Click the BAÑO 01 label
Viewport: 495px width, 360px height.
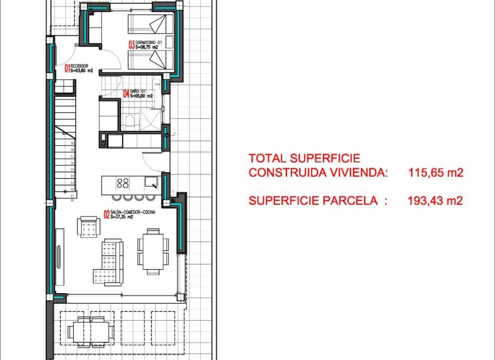point(139,91)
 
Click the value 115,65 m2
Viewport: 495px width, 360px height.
point(436,173)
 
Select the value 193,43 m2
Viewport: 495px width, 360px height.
point(436,200)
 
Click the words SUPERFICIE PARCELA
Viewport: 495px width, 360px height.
point(313,200)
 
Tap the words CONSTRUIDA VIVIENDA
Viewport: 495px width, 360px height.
point(318,173)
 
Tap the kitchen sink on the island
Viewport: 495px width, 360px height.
point(151,182)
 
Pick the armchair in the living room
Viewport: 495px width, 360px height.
point(90,227)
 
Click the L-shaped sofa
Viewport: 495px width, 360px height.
point(108,262)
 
